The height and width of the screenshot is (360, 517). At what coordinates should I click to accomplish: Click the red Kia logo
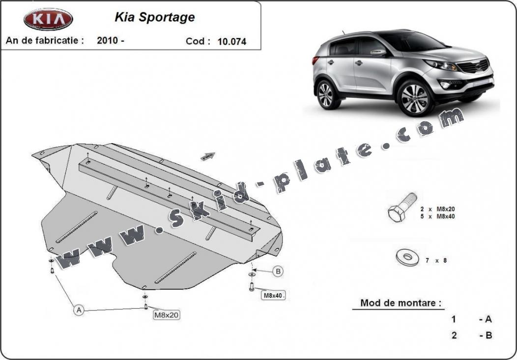coord(48,19)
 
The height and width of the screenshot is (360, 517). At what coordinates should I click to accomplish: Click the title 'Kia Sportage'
coord(155,17)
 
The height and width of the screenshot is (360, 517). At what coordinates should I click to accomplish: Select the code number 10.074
coord(232,42)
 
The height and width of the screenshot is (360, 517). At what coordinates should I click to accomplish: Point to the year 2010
coord(108,40)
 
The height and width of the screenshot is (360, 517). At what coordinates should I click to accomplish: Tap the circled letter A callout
coord(79,310)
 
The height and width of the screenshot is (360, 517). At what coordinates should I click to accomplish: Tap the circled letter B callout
coord(278,271)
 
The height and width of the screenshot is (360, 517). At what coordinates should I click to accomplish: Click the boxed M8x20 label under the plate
coord(167,315)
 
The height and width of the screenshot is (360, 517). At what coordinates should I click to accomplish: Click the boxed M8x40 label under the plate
coord(273,295)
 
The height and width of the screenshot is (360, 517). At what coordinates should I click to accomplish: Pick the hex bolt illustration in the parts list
coord(402,207)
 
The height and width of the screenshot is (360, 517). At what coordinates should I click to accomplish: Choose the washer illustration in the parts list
coord(407,257)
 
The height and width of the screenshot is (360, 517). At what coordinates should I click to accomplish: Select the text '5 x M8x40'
coord(437,216)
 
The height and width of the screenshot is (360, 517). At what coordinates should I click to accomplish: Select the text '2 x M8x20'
coord(437,209)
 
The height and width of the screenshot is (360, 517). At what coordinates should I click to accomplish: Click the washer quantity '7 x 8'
coord(436,260)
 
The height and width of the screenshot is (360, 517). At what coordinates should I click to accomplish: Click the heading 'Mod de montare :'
coord(401,303)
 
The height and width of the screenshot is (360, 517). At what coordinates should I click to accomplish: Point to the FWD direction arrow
coord(208,156)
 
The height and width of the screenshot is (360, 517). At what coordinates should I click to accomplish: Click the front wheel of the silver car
coord(414,98)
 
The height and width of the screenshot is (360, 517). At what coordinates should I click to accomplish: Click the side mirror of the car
coord(378,53)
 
